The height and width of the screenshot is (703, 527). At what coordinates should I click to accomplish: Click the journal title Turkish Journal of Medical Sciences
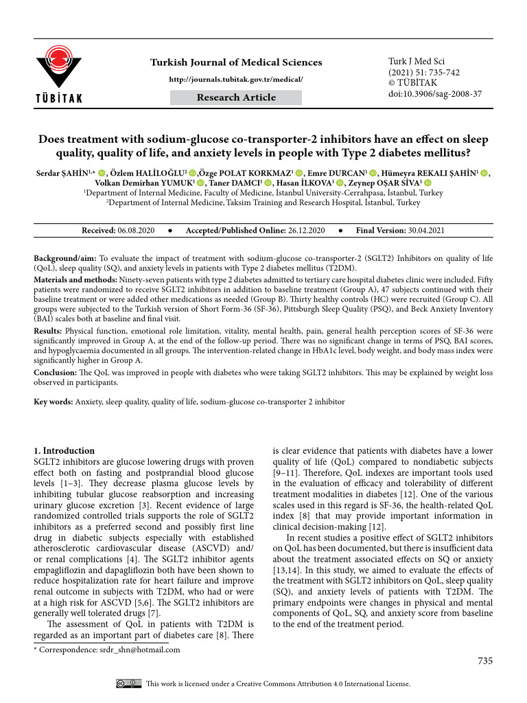tap(236, 62)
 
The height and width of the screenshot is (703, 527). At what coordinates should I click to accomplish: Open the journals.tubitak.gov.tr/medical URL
tap(236, 79)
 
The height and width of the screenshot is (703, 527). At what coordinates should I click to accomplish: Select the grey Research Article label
tap(236, 97)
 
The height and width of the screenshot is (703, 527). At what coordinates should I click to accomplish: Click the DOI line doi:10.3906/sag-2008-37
tap(434, 93)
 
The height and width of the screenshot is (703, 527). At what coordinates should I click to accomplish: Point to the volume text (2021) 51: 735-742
tap(423, 72)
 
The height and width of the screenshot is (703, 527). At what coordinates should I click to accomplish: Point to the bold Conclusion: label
tap(54, 373)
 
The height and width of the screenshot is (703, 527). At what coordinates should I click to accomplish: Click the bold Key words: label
tap(54, 402)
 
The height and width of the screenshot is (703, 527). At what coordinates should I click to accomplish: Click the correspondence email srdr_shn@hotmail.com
tap(137, 650)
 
